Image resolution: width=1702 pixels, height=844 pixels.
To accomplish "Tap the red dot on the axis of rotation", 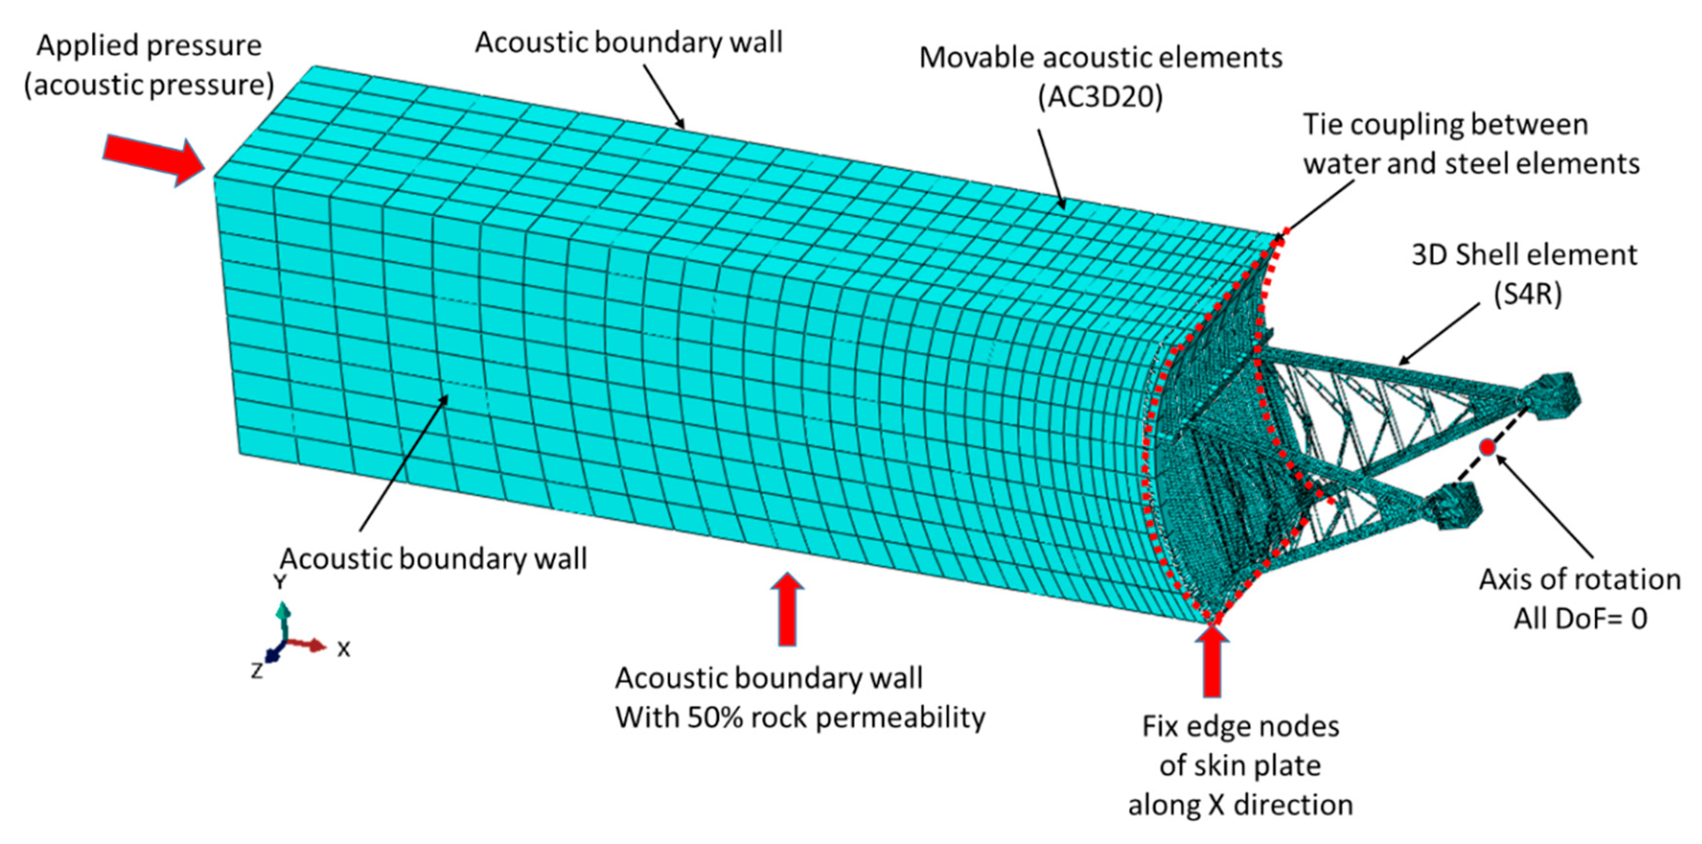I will click(x=1487, y=447).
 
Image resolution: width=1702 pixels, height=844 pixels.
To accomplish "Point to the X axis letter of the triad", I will click(x=343, y=650).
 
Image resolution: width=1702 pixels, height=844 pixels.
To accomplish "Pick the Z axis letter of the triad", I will click(x=257, y=671).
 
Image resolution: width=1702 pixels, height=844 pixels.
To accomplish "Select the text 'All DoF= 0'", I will click(x=1580, y=619).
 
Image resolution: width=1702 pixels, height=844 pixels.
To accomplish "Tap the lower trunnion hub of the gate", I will click(x=1450, y=506).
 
